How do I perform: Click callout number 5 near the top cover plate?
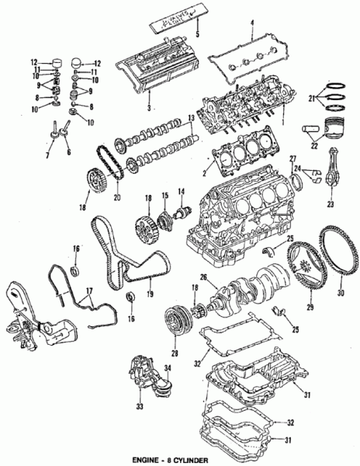point(197,35)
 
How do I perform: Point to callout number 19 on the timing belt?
point(149,294)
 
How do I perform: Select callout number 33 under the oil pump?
point(140,403)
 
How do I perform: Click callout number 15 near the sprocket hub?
point(164,194)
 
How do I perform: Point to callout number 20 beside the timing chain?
point(118,197)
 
